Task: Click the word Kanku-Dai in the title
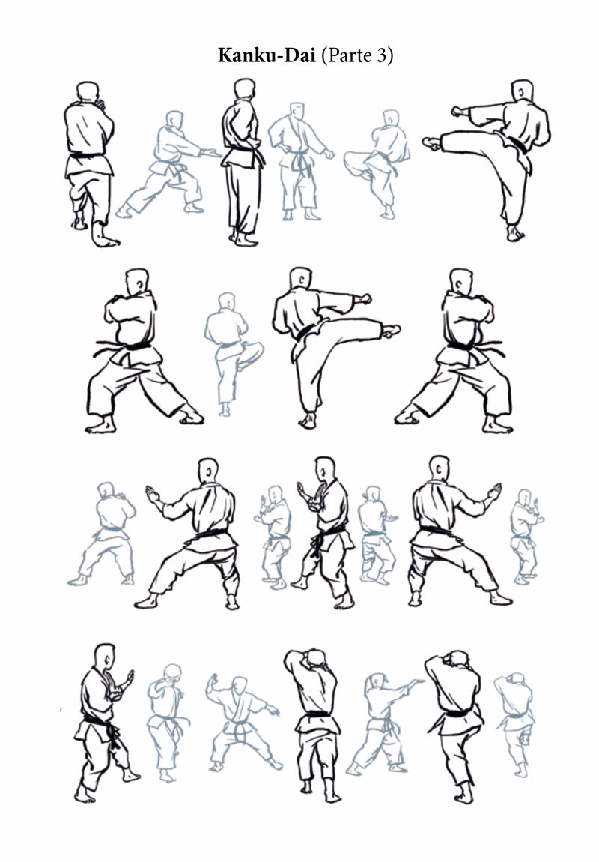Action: point(267,55)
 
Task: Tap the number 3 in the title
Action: point(382,55)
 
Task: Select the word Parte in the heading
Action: point(350,55)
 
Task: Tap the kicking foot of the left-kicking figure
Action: point(432,143)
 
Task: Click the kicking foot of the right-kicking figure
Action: point(392,330)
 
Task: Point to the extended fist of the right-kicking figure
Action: point(363,298)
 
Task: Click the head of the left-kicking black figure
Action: point(522,91)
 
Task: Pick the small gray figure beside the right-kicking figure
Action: point(233,355)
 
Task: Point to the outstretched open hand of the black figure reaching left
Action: point(152,492)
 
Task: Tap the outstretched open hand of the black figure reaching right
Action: point(496,490)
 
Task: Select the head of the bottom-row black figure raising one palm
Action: point(104,656)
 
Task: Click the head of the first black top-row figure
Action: point(88,91)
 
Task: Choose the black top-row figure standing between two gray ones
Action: point(243,162)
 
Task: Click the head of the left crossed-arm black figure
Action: point(137,281)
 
